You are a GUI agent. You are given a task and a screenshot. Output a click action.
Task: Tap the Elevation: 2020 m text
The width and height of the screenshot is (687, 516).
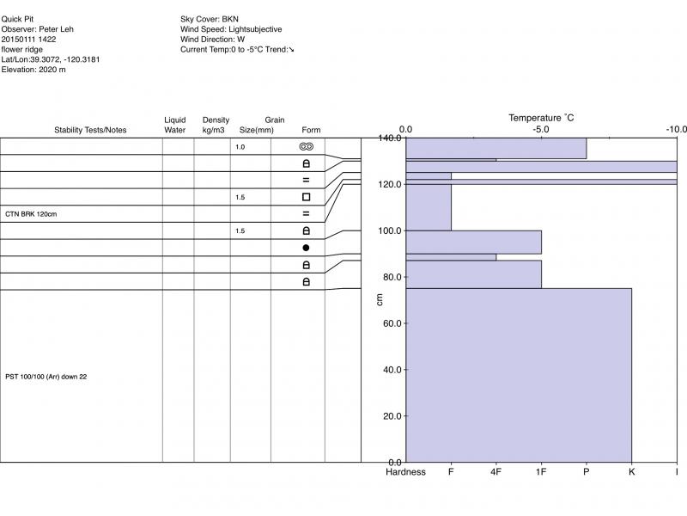(33, 70)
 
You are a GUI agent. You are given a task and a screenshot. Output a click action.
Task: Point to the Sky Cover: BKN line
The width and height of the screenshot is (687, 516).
(210, 18)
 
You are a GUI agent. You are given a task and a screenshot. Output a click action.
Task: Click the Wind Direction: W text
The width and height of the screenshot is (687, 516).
(213, 39)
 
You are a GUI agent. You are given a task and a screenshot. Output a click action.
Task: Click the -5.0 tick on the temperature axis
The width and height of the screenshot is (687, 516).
(541, 130)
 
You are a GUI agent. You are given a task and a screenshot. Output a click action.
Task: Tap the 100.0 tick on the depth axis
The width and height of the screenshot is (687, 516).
(391, 230)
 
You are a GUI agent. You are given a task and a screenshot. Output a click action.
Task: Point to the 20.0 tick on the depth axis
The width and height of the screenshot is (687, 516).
(393, 416)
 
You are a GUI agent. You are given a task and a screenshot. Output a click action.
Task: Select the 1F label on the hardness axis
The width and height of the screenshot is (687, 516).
(541, 472)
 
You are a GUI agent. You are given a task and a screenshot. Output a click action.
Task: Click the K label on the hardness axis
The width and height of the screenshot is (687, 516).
(631, 472)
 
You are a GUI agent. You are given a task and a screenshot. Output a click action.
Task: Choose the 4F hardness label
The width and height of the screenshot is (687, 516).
(495, 472)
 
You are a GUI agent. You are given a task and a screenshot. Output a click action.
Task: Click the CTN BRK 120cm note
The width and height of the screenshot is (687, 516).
(31, 213)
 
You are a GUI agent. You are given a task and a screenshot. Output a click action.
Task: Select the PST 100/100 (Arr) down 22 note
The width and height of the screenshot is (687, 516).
(46, 377)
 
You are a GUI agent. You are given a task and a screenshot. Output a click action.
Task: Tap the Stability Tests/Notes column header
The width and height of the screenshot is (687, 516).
(90, 130)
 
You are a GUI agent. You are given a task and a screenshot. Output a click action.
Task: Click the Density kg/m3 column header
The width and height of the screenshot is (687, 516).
(216, 125)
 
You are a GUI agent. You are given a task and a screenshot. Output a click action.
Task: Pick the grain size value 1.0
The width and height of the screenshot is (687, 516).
(240, 147)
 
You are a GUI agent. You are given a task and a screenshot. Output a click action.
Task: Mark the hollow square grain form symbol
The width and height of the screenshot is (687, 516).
(307, 197)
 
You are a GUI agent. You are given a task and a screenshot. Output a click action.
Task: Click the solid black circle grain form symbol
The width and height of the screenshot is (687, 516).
(307, 248)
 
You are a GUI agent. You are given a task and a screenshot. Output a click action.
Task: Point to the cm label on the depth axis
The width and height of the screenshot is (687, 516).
(380, 299)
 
